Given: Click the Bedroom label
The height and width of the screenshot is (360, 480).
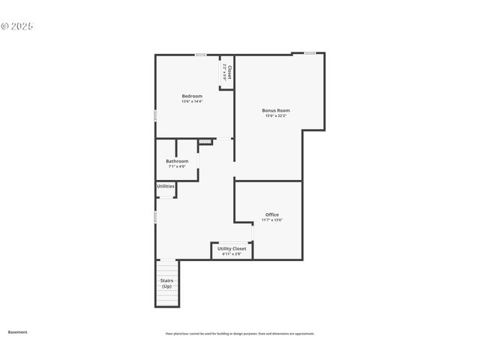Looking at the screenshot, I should tap(192, 96).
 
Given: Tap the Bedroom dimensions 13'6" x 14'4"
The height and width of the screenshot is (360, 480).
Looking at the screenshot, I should tap(192, 101).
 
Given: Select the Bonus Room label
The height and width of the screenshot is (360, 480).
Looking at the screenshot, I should tap(276, 110).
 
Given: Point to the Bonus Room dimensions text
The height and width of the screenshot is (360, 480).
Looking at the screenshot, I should tap(276, 115).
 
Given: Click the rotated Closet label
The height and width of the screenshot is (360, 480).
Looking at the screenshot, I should tap(229, 73).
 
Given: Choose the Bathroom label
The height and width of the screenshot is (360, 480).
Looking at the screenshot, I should tap(177, 161).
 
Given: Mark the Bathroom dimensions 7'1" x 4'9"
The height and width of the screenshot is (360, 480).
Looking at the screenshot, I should tap(177, 166).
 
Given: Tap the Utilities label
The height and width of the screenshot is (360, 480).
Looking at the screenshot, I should tap(166, 186).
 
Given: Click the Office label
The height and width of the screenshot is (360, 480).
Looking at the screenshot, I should tap(271, 214).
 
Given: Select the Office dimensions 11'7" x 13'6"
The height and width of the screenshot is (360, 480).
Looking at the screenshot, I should tap(271, 220).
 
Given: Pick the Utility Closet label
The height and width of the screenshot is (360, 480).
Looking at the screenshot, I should tap(232, 248).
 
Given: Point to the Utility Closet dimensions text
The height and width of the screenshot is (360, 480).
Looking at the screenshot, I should tap(232, 253).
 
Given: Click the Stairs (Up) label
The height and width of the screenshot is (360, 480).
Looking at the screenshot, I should tap(166, 283).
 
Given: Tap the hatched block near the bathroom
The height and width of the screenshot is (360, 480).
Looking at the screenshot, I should tap(205, 141).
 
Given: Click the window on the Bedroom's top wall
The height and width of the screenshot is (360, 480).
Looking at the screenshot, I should tap(201, 54).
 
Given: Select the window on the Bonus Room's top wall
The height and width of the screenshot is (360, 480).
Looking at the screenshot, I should tap(310, 52).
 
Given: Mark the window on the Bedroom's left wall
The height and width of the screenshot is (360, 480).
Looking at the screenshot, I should tap(155, 115).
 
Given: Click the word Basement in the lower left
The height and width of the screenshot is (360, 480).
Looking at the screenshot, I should tap(17, 331).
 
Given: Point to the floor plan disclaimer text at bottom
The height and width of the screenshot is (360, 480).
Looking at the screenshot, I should tap(239, 334).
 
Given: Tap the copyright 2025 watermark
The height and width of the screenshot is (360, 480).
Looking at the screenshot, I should tap(17, 26).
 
